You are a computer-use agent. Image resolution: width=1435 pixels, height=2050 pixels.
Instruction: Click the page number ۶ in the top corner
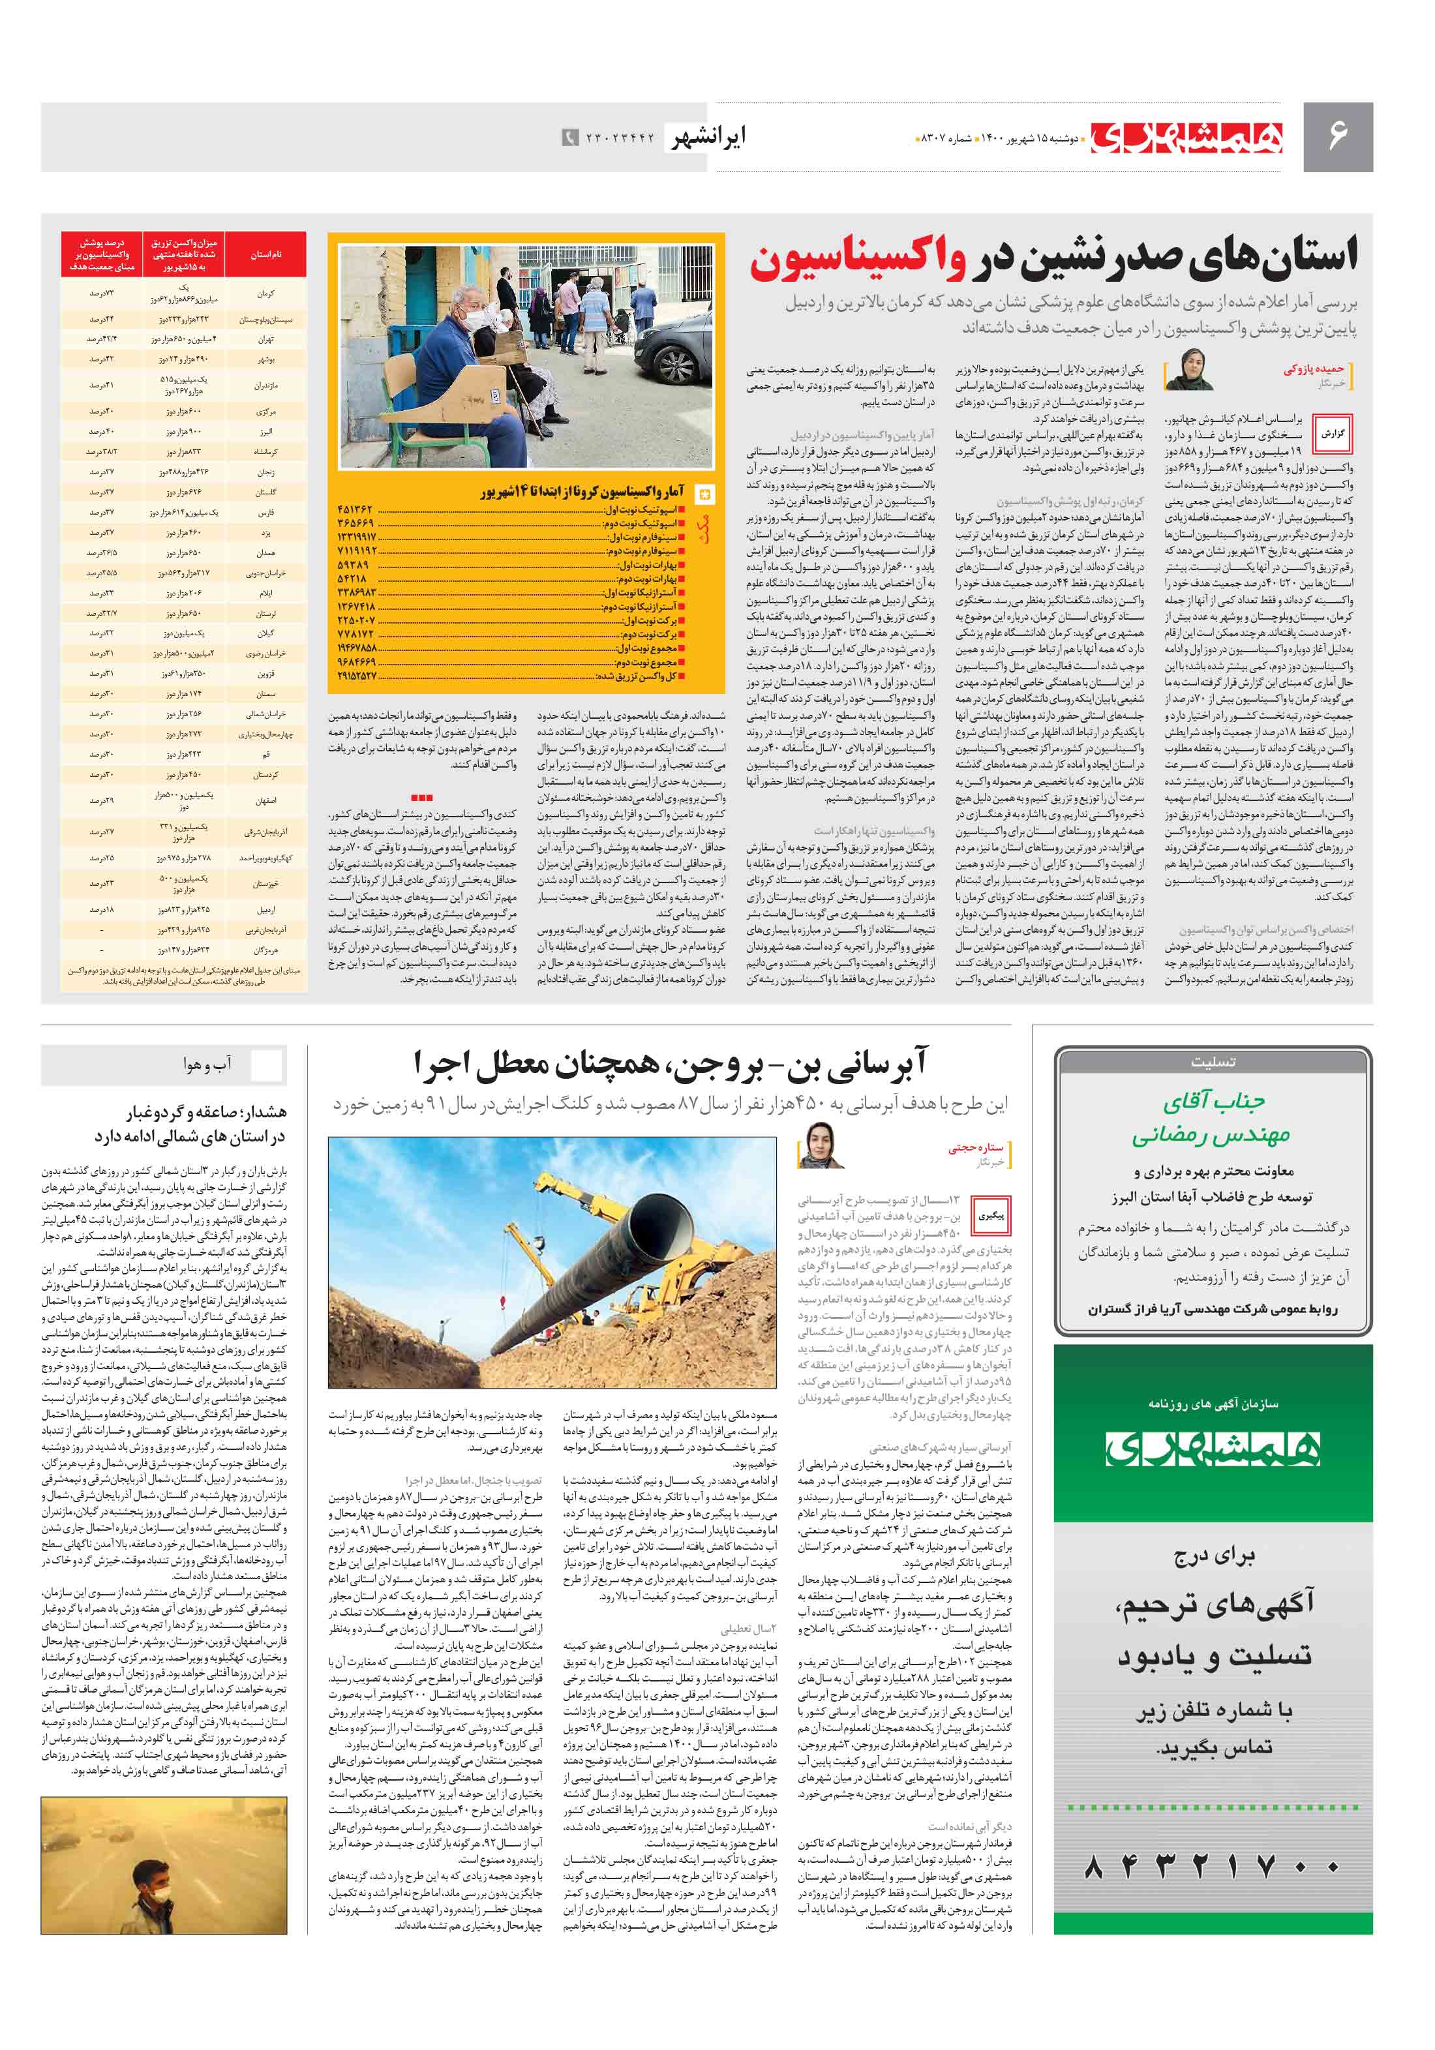1337,136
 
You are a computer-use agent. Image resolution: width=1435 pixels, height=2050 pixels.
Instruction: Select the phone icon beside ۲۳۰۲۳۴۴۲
569,138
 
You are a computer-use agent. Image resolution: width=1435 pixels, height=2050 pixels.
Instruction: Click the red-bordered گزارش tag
1333,434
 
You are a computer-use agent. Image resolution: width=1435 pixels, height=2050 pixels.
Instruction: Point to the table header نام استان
265,254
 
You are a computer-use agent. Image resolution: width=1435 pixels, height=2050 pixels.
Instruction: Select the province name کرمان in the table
265,294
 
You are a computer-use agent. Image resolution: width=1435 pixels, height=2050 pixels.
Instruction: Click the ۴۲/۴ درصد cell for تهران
101,339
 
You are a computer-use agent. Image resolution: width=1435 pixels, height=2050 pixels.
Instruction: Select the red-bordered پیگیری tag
990,1216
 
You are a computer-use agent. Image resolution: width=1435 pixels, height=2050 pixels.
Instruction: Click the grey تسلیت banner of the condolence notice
1212,1063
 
